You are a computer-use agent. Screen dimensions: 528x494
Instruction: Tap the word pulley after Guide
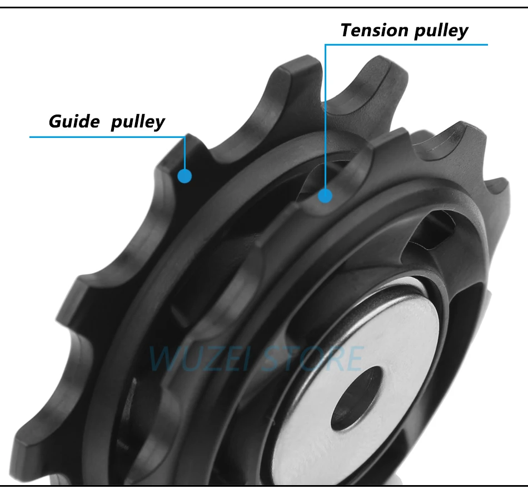(137, 122)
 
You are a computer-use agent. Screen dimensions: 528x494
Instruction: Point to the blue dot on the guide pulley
(185, 176)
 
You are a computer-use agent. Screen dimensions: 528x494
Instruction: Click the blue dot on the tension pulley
(325, 196)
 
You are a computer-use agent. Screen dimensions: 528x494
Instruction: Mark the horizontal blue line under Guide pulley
(106, 136)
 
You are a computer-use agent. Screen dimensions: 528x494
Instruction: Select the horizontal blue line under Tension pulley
(406, 45)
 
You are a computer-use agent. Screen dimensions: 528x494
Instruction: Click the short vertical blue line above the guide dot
(185, 153)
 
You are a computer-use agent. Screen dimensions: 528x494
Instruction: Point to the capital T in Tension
(347, 30)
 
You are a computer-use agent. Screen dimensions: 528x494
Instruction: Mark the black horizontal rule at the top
(264, 7)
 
